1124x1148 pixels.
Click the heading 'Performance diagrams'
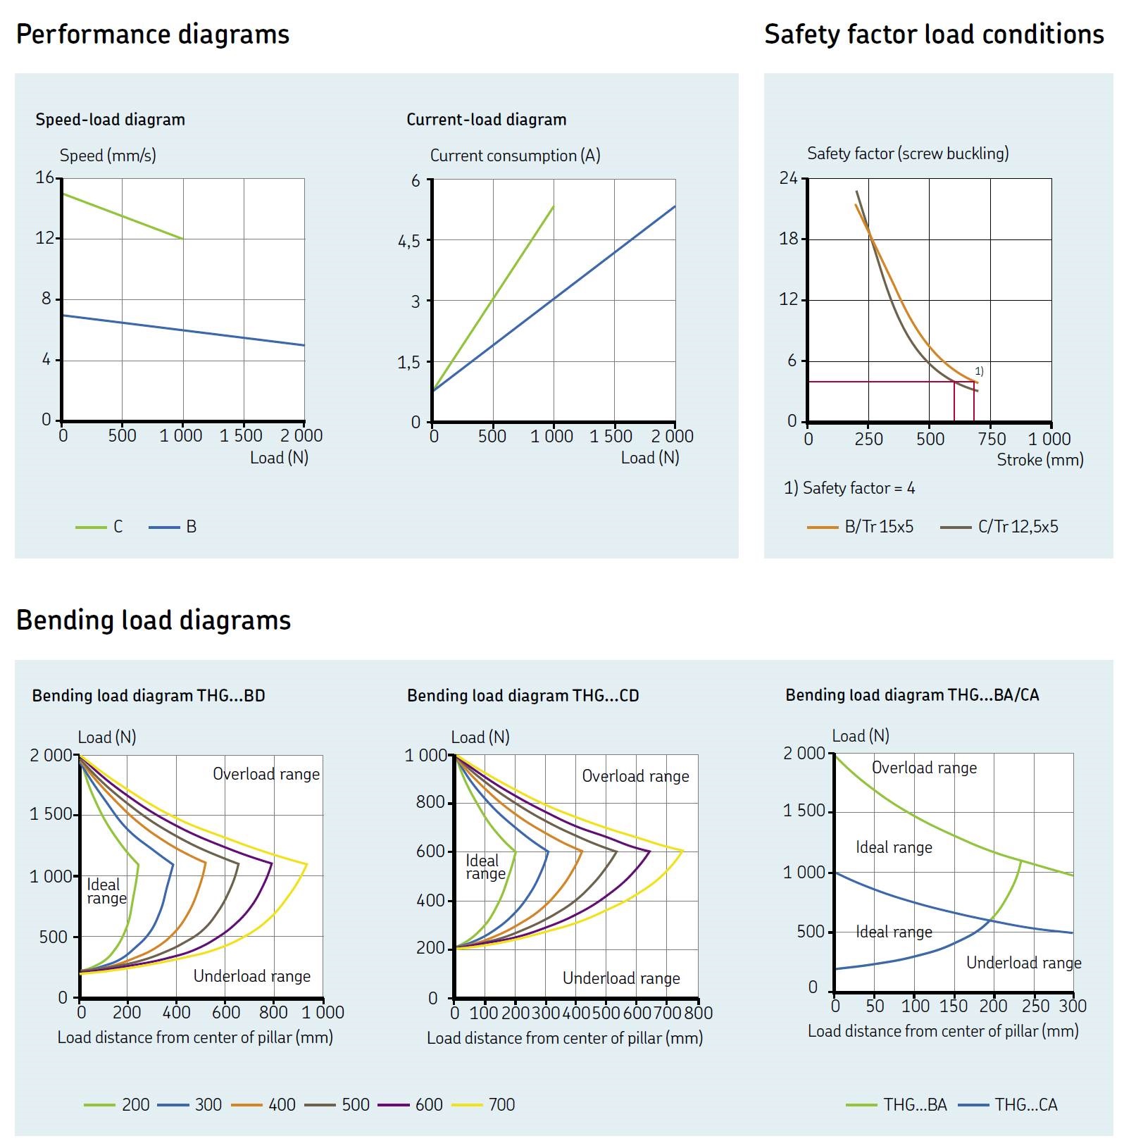tap(152, 35)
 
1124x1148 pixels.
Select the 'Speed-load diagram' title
tap(110, 120)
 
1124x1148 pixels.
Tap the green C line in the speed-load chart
tap(123, 216)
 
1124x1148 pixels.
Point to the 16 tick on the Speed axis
tap(44, 177)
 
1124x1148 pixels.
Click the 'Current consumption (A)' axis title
tap(515, 156)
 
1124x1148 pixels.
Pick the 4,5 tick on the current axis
tap(409, 242)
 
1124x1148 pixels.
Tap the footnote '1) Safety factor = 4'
tap(849, 488)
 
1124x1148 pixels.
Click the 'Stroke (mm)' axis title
tap(1039, 460)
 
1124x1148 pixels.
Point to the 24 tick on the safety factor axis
tap(788, 178)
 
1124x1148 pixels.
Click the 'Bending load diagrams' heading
tap(153, 620)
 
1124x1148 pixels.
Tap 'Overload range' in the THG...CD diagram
tap(635, 776)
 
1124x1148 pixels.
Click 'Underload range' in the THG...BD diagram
tap(251, 976)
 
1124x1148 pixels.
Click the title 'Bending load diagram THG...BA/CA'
tap(911, 695)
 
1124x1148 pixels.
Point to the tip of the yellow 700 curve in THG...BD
tap(307, 863)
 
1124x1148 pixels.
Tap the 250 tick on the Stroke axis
tap(868, 439)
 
